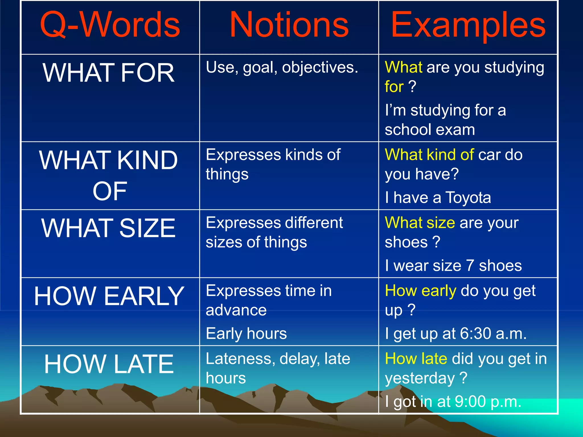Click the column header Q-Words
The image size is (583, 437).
click(x=110, y=25)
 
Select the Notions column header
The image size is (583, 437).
click(x=289, y=25)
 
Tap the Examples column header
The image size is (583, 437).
click(x=468, y=25)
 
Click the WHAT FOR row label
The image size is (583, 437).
click(x=108, y=73)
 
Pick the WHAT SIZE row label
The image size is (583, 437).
click(x=108, y=228)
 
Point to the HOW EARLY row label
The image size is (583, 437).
click(x=109, y=296)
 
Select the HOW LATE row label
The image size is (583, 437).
click(x=109, y=364)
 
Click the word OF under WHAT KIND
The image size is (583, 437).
click(x=110, y=191)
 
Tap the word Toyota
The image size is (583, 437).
click(x=468, y=197)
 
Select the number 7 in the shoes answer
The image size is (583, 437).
click(x=470, y=265)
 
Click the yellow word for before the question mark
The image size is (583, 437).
click(x=394, y=86)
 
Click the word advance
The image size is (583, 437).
click(x=236, y=310)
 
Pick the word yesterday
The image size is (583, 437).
click(x=420, y=378)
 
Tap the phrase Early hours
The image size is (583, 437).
click(x=246, y=333)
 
